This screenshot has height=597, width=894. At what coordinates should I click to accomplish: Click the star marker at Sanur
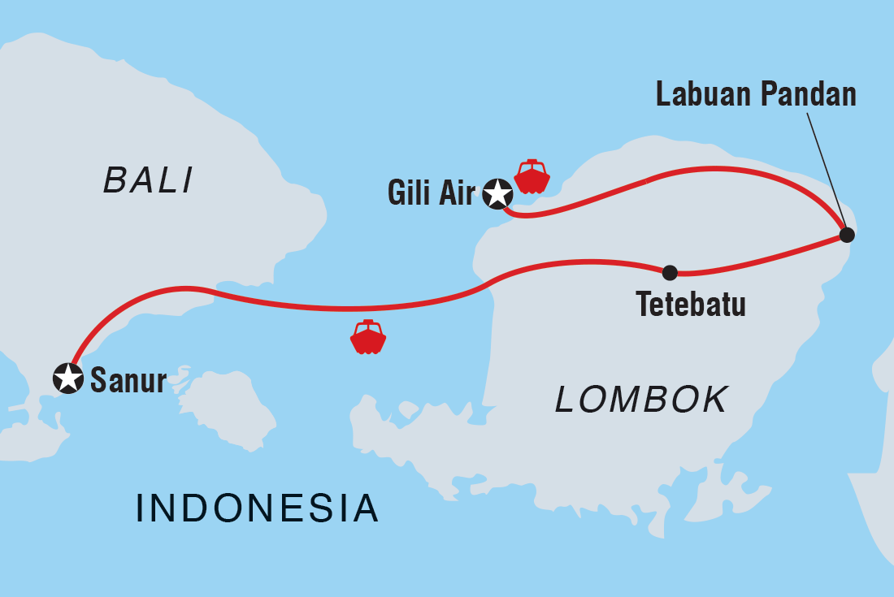pyautogui.click(x=68, y=378)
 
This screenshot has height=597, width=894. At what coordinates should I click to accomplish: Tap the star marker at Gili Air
pyautogui.click(x=497, y=194)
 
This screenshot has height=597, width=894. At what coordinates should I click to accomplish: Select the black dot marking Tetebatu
pyautogui.click(x=669, y=273)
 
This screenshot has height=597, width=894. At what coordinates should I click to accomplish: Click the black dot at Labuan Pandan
pyautogui.click(x=847, y=236)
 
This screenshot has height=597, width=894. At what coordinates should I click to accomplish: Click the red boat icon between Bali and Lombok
pyautogui.click(x=368, y=337)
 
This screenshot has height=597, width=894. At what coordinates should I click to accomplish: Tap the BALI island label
pyautogui.click(x=148, y=180)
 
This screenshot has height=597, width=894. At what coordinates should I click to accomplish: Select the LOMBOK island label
pyautogui.click(x=641, y=400)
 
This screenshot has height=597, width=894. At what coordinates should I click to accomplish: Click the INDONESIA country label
pyautogui.click(x=257, y=508)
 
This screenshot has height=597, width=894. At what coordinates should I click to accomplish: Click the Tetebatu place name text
pyautogui.click(x=691, y=305)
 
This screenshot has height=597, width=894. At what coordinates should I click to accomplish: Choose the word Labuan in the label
pyautogui.click(x=705, y=95)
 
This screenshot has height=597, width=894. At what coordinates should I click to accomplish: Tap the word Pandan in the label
pyautogui.click(x=808, y=95)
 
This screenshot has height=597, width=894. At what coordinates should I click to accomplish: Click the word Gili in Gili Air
pyautogui.click(x=406, y=195)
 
